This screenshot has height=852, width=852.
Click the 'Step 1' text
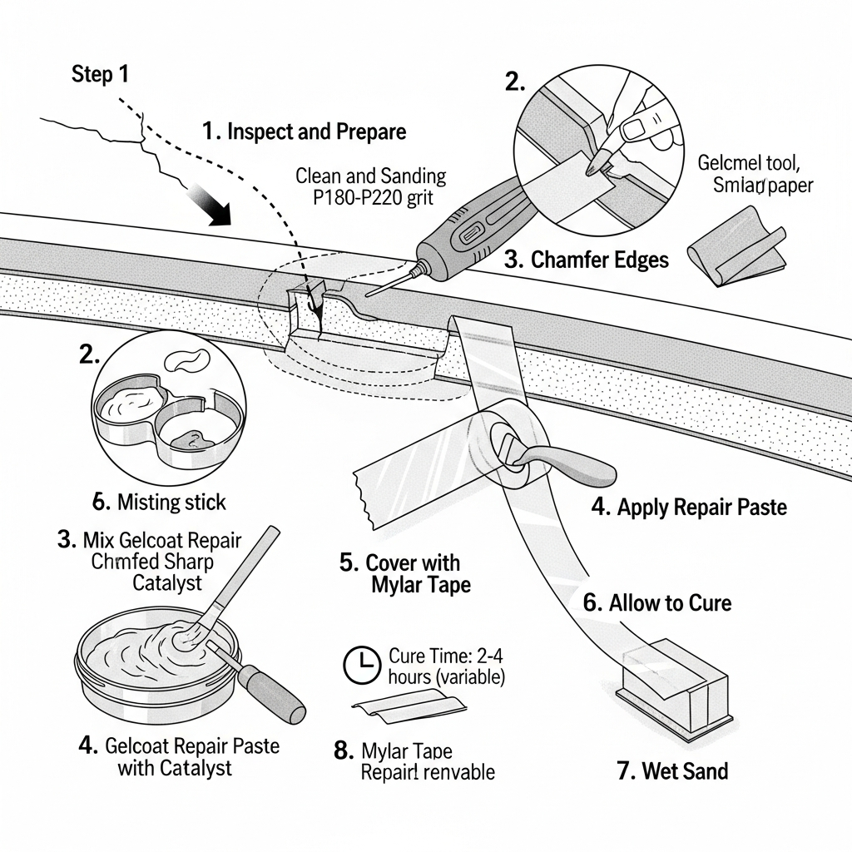coord(100,74)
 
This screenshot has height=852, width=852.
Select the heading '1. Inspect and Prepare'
coord(304,131)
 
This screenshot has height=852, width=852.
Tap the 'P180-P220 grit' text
coord(371,199)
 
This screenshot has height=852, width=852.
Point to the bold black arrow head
coord(218,215)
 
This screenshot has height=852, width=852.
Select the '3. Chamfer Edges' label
coord(587,260)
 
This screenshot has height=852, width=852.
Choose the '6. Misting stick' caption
coord(159,502)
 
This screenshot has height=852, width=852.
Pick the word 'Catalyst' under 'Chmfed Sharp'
coord(167,583)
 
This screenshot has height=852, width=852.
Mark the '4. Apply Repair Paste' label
coord(689,507)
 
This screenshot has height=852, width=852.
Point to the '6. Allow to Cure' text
coord(657,602)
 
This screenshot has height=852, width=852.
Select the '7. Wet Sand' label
coord(672,770)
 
